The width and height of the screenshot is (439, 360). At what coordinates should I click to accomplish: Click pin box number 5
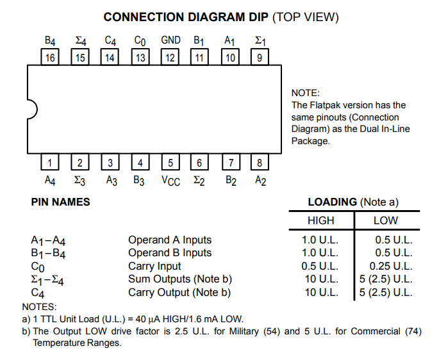point(170,162)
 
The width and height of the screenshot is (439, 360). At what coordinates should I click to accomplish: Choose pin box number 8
point(260,162)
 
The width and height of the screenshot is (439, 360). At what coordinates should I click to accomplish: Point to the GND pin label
point(170,40)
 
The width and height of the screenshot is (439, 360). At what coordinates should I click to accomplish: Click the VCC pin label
point(171,181)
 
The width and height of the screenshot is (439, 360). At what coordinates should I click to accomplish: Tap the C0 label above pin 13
point(140,41)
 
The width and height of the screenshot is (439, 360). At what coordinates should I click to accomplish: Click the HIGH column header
point(320,220)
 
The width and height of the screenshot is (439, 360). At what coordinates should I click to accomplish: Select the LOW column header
point(385,220)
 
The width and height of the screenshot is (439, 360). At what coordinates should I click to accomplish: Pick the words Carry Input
point(154,266)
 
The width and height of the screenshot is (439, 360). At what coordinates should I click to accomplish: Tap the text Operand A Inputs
point(169,240)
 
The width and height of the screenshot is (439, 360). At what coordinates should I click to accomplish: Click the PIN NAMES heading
point(60,202)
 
